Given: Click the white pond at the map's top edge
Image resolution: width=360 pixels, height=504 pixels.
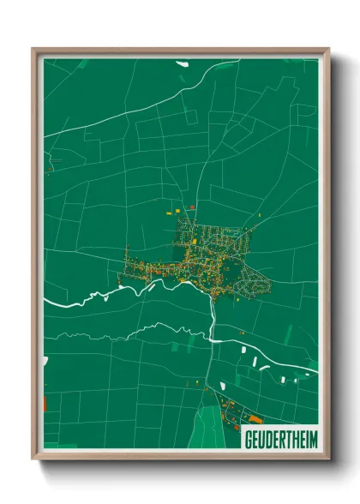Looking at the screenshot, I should (x=182, y=63).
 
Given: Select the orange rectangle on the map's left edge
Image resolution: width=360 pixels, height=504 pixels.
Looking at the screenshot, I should (x=45, y=403).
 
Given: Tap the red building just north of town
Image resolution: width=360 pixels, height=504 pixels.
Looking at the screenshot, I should (x=193, y=207).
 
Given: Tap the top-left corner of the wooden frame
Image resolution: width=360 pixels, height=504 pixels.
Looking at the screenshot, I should (x=33, y=49).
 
